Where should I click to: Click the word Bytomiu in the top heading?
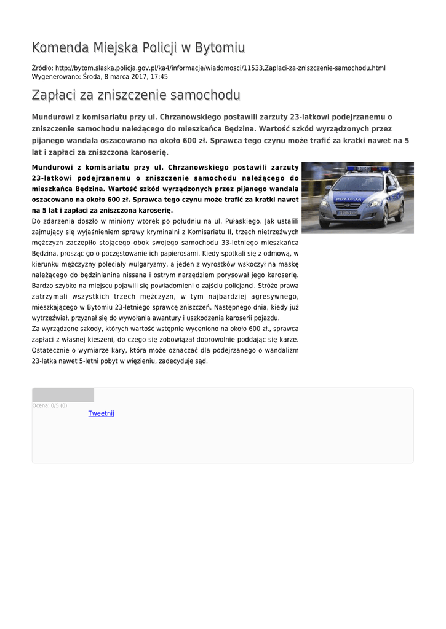219,48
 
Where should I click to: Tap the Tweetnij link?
101,413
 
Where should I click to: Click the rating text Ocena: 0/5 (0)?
50,405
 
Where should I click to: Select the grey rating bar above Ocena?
63,395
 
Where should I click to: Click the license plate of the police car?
346,213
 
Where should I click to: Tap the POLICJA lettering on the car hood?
349,199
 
